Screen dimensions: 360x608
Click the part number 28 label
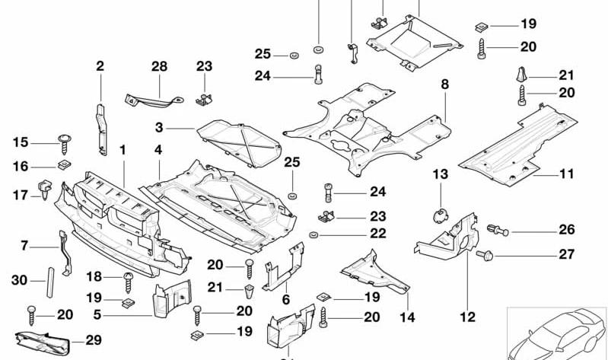(x=158, y=67)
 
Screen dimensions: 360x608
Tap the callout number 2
(x=100, y=67)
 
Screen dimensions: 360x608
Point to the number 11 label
(x=566, y=174)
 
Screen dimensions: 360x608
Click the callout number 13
(x=441, y=176)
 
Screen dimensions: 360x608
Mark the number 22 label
(x=357, y=234)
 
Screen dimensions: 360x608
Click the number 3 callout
(x=159, y=127)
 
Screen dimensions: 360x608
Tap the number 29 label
(x=94, y=340)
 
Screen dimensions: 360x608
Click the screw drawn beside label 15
(x=63, y=141)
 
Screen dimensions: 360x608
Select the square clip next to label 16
(x=64, y=165)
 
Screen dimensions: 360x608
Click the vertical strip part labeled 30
(x=50, y=280)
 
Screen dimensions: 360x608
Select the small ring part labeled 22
(x=314, y=234)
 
